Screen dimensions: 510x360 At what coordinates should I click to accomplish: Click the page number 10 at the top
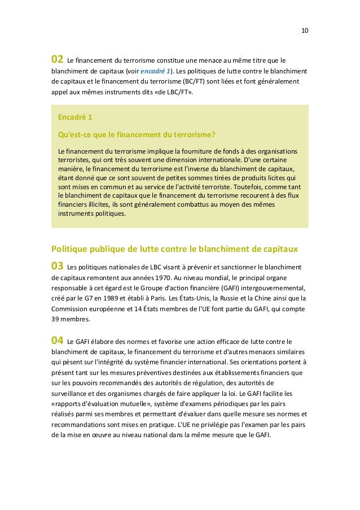[x=304, y=29]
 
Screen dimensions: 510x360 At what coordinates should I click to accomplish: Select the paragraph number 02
[x=57, y=59]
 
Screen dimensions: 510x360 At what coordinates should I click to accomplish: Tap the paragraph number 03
[x=57, y=265]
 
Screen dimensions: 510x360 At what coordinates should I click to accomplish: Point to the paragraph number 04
[x=57, y=340]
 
